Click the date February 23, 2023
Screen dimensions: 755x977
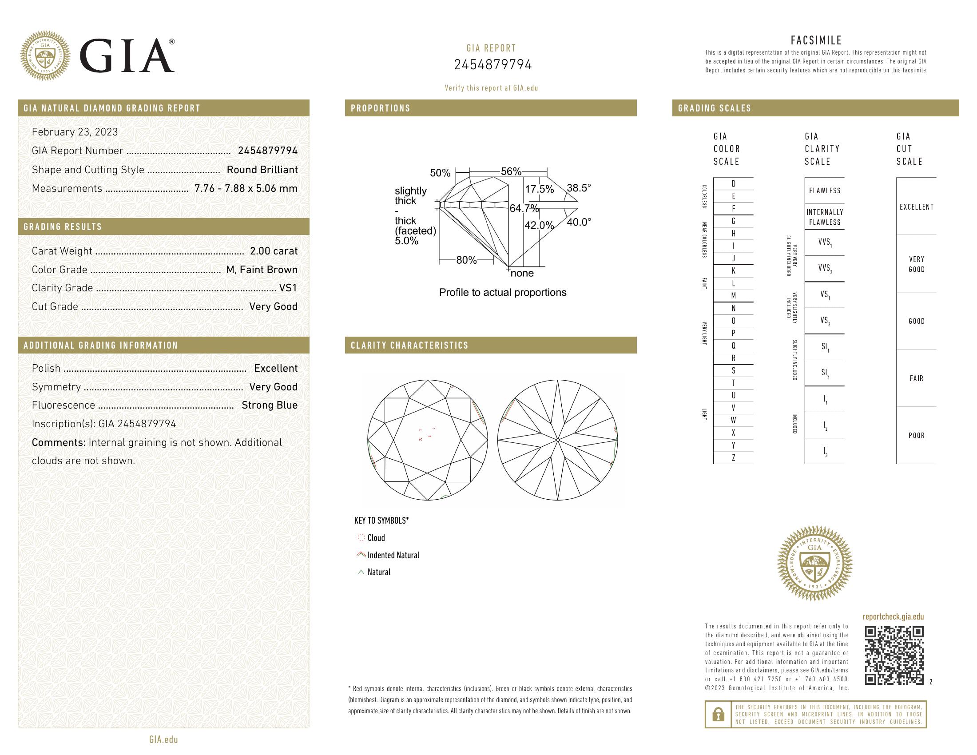75,132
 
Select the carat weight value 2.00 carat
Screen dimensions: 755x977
273,251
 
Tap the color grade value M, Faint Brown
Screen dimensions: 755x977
262,270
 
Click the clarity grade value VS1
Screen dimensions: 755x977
288,288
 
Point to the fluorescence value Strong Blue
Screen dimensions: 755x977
269,405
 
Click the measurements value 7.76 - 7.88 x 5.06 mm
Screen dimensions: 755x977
246,188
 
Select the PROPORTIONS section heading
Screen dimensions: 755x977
380,108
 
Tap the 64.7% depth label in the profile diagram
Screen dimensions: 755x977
524,208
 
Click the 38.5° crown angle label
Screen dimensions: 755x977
578,188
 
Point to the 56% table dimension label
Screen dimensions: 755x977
511,171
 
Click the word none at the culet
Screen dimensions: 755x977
522,273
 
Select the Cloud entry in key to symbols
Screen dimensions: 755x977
376,538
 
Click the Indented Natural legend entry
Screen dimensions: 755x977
393,555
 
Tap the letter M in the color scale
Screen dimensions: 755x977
733,296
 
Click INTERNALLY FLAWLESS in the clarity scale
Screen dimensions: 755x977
825,217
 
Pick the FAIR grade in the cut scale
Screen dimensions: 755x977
916,378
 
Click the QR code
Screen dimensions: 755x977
894,656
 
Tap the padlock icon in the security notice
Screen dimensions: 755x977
718,714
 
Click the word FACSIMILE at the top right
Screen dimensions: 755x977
816,40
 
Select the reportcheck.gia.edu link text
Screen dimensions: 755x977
893,617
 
